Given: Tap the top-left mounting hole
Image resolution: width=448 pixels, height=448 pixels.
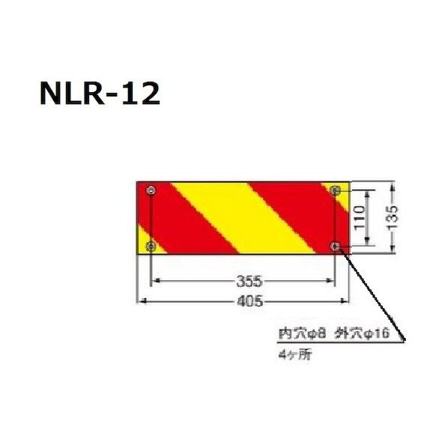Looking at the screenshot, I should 153,191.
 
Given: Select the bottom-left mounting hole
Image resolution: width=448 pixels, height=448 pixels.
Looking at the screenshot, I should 153,246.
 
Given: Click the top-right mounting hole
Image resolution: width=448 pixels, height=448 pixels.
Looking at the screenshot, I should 336,191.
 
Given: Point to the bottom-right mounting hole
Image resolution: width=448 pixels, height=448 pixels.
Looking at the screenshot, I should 336,246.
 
